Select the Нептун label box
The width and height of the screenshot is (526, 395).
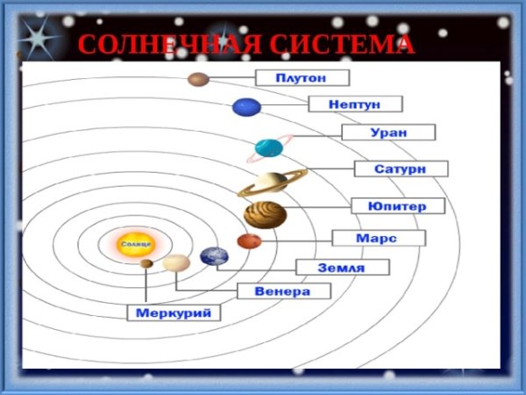(x=355, y=104)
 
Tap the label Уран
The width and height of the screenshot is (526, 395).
(x=388, y=133)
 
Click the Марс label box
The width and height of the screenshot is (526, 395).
(x=379, y=238)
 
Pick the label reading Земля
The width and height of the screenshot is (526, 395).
(x=342, y=268)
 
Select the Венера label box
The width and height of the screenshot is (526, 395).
(x=284, y=291)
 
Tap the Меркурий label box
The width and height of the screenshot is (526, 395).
(x=174, y=312)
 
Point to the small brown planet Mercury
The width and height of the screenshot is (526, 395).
(x=146, y=262)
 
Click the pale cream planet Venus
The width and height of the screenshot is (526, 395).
(x=176, y=262)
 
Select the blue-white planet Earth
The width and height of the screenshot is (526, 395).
(x=214, y=256)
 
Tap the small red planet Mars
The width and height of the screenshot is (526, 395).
(x=249, y=241)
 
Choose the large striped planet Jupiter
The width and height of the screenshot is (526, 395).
(x=265, y=214)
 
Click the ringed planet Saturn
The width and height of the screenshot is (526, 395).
(x=271, y=183)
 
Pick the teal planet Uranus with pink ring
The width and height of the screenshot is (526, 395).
(x=267, y=148)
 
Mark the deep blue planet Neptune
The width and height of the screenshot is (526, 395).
(x=247, y=108)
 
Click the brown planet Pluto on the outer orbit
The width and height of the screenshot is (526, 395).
(x=198, y=80)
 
